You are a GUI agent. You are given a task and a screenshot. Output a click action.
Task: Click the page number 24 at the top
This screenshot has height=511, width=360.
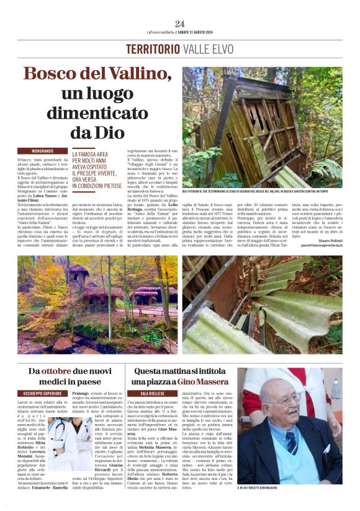pos(180,24)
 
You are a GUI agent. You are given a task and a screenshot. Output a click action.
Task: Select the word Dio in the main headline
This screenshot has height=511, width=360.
pos(103,132)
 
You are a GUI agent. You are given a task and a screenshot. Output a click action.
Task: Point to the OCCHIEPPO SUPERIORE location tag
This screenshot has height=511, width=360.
pos(43,394)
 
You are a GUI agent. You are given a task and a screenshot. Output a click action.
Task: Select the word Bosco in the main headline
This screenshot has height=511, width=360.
pos(53,75)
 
